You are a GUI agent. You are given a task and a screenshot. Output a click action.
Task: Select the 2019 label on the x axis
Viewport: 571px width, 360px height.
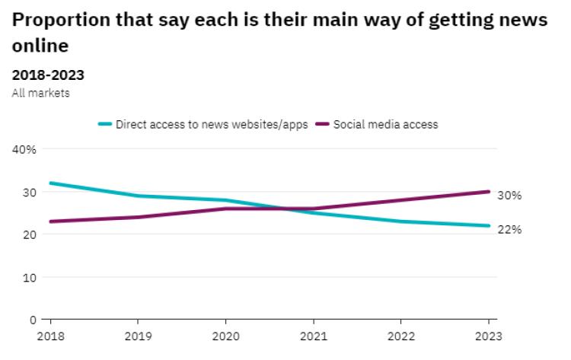pyautogui.click(x=137, y=336)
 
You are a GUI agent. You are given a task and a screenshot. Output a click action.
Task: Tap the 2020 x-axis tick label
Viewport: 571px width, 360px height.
pyautogui.click(x=225, y=336)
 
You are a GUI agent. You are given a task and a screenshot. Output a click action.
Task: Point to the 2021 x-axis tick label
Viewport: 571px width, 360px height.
pyautogui.click(x=313, y=336)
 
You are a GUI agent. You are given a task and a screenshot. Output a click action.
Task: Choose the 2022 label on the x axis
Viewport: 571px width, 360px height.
pyautogui.click(x=400, y=336)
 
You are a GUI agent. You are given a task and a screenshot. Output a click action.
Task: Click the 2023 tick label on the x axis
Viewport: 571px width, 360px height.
pyautogui.click(x=488, y=336)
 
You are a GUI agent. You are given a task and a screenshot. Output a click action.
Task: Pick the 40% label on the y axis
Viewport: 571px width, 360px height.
pyautogui.click(x=25, y=149)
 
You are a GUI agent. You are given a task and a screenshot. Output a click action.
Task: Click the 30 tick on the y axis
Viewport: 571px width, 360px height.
pyautogui.click(x=29, y=192)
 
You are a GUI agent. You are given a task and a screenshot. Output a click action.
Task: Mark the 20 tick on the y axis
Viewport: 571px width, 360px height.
pyautogui.click(x=29, y=234)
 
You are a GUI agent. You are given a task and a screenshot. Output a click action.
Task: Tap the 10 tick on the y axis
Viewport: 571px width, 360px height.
pyautogui.click(x=29, y=277)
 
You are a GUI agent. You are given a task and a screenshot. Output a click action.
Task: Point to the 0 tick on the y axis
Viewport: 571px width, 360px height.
pyautogui.click(x=32, y=320)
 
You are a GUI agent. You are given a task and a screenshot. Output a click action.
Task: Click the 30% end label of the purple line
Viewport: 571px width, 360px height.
pyautogui.click(x=509, y=196)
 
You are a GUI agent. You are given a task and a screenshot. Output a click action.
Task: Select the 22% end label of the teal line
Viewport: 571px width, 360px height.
pyautogui.click(x=509, y=229)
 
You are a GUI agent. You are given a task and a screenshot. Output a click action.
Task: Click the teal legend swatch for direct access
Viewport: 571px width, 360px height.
pyautogui.click(x=105, y=124)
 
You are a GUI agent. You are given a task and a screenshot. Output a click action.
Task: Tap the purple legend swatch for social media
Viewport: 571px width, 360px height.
pyautogui.click(x=323, y=124)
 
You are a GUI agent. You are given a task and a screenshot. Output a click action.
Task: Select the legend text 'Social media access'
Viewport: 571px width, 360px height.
pyautogui.click(x=386, y=124)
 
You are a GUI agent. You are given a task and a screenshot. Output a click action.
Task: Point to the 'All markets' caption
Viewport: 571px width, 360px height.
pyautogui.click(x=41, y=92)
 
